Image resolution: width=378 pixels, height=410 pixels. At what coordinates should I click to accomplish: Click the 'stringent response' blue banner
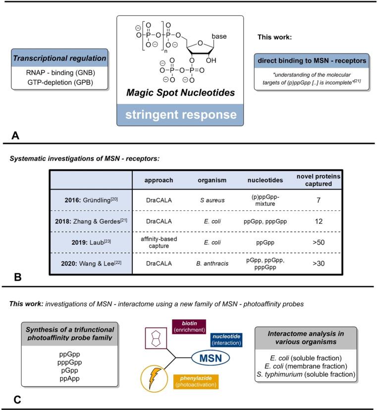coord(180,114)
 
